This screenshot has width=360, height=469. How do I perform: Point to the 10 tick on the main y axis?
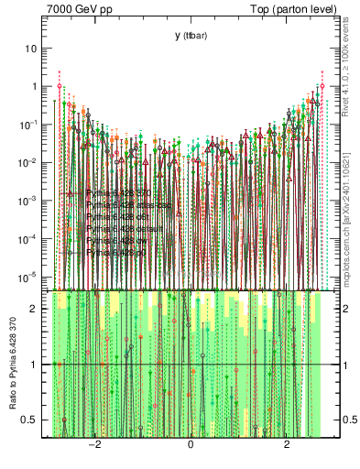31,48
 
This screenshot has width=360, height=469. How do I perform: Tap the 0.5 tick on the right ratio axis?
347,420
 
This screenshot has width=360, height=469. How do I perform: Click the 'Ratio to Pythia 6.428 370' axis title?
13,366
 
